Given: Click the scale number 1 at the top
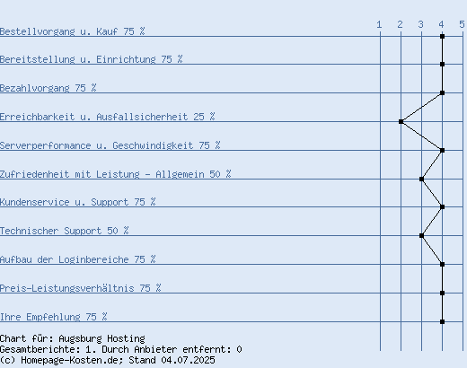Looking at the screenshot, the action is tap(379, 24).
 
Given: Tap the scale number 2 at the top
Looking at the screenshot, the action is tap(401, 24).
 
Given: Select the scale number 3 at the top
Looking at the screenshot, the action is tap(421, 24).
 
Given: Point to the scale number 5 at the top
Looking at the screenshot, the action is tap(463, 24).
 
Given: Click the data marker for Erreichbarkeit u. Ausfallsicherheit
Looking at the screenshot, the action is tap(401, 121).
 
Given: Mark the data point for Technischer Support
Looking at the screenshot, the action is tap(421, 235).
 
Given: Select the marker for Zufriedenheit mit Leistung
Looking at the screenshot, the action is tap(421, 179).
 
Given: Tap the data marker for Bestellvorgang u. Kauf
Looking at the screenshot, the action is tap(442, 36).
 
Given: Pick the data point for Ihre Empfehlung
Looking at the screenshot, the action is tap(442, 321).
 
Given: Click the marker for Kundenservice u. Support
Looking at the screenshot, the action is tap(442, 206).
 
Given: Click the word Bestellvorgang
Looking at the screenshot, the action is tap(38, 31).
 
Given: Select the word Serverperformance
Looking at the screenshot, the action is tap(46, 145).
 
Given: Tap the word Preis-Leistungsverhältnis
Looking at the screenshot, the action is tap(67, 288).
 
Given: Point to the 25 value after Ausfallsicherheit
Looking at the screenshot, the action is tap(198, 117).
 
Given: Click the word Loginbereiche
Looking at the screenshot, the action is tap(93, 259).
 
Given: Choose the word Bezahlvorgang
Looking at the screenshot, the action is tap(35, 88).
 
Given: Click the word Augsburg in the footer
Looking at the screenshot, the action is tap(80, 338).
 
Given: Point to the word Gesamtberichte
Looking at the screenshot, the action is tap(40, 349).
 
